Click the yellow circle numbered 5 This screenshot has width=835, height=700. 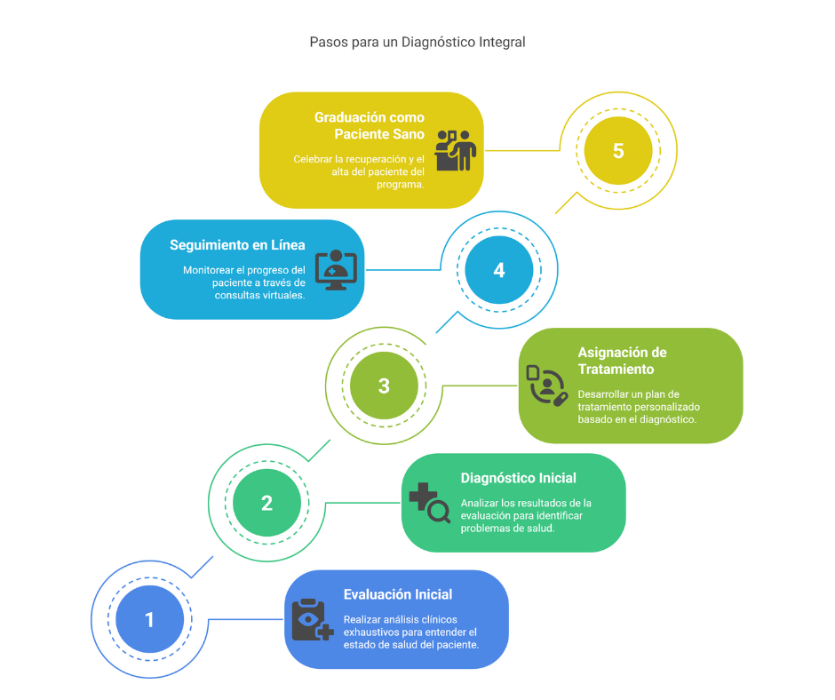[x=617, y=151]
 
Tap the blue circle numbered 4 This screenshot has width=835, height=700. [x=499, y=270]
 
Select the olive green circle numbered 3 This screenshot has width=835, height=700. [x=384, y=386]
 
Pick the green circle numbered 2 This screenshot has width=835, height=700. [x=266, y=503]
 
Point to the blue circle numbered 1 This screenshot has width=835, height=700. [x=149, y=619]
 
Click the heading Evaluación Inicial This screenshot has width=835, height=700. [x=398, y=594]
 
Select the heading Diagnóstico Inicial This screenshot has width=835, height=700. [x=518, y=479]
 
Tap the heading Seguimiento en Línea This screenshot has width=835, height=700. [x=237, y=245]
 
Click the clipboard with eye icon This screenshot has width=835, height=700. [x=313, y=619]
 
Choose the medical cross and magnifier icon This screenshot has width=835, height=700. [x=430, y=503]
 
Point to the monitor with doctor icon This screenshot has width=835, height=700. [x=336, y=270]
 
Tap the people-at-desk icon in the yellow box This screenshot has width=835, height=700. [x=456, y=151]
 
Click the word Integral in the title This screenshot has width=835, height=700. [x=502, y=42]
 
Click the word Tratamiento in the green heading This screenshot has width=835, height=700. [x=616, y=370]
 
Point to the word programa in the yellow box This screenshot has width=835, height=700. [x=400, y=184]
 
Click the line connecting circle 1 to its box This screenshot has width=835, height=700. [x=245, y=619]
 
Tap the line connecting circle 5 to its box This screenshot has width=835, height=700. [x=522, y=150]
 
